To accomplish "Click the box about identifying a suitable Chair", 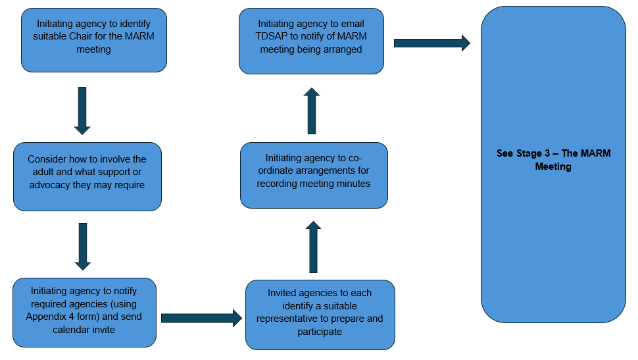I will [x=93, y=39].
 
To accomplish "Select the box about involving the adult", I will [x=87, y=176].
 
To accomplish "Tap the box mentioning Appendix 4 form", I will [x=84, y=312].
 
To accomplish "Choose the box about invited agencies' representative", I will [x=320, y=315].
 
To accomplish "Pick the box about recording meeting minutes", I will [x=314, y=175].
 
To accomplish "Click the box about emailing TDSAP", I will [x=311, y=41].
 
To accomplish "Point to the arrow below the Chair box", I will [x=82, y=110].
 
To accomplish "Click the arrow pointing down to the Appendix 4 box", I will [x=82, y=246].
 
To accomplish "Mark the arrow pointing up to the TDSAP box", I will [x=312, y=111].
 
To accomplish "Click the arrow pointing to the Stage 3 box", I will [x=431, y=43].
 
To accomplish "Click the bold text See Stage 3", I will [x=553, y=160].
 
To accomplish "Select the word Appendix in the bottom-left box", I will [x=51, y=317].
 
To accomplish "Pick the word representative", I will [x=293, y=319].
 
